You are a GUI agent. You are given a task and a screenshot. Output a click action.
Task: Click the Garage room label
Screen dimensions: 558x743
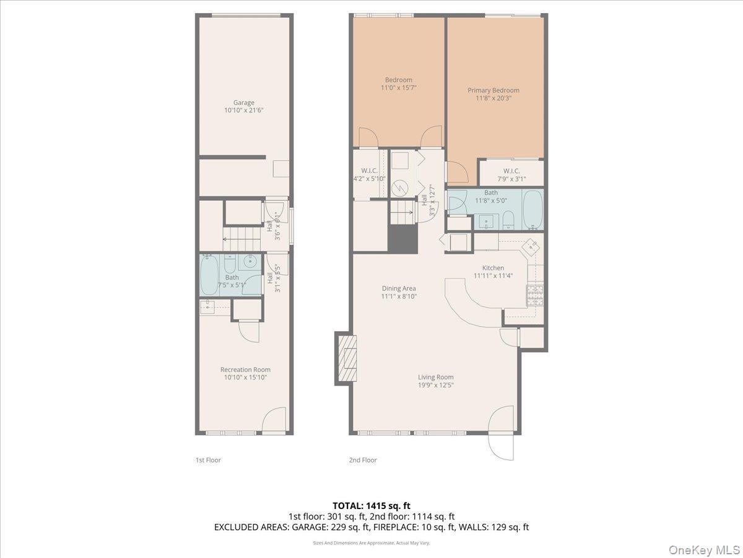pyautogui.click(x=243, y=103)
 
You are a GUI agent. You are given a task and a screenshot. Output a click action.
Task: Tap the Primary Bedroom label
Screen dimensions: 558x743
pyautogui.click(x=493, y=91)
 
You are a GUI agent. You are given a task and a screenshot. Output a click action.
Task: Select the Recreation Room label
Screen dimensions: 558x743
pyautogui.click(x=245, y=370)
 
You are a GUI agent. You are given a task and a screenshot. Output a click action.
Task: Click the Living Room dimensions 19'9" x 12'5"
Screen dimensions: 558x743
pyautogui.click(x=435, y=385)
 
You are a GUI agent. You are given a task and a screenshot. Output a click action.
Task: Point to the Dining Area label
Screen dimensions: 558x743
pyautogui.click(x=399, y=288)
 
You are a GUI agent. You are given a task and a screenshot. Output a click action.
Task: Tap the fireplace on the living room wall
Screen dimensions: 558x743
pyautogui.click(x=347, y=358)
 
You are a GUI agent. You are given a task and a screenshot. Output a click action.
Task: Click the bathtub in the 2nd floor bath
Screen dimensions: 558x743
pyautogui.click(x=532, y=209)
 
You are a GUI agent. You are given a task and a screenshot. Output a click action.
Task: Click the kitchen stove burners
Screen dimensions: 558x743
pyautogui.click(x=535, y=296)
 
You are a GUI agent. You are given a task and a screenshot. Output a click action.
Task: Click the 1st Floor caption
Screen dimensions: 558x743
pyautogui.click(x=208, y=460)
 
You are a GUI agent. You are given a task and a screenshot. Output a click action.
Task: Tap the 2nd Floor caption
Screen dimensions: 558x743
pyautogui.click(x=363, y=460)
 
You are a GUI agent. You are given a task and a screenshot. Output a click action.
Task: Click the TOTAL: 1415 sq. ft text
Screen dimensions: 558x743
pyautogui.click(x=371, y=505)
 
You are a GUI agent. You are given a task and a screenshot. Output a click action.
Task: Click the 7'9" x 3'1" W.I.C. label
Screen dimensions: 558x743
pyautogui.click(x=511, y=175)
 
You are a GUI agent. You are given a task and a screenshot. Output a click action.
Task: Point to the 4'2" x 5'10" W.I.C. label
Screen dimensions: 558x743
pyautogui.click(x=369, y=174)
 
